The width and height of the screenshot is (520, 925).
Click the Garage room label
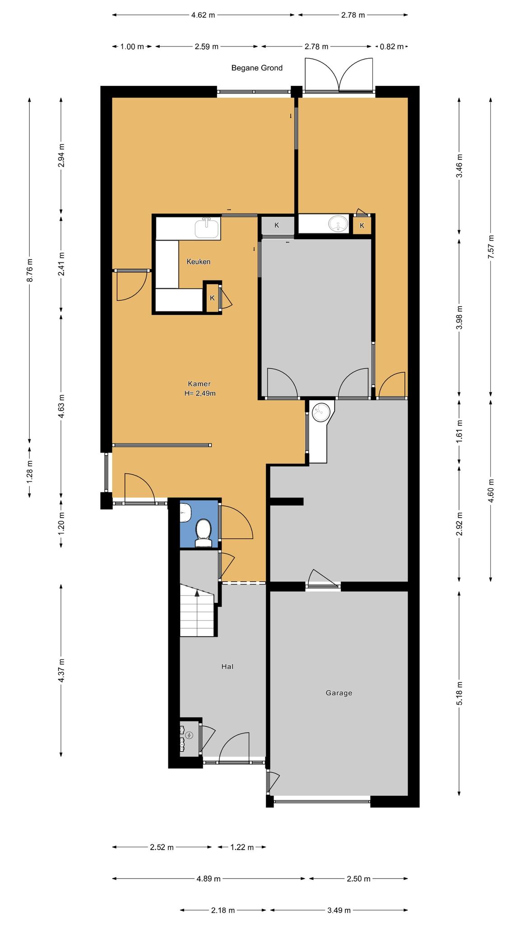tap(339, 693)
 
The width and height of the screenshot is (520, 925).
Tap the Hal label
tap(227, 666)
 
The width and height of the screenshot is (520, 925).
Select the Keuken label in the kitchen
tap(199, 262)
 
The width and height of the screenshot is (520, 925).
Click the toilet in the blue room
tap(204, 533)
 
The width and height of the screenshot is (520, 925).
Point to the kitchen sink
tap(208, 227)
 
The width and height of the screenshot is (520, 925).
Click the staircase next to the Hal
tap(197, 610)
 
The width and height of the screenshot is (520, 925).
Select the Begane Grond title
tap(257, 68)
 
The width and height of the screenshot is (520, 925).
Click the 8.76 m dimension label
tap(30, 270)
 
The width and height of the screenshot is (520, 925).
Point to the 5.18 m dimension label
tap(459, 693)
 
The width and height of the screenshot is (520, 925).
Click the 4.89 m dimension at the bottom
tap(209, 878)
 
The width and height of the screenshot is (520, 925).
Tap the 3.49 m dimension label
tap(339, 910)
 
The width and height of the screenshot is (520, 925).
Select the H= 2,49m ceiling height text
tap(200, 393)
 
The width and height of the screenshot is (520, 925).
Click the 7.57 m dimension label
tap(491, 247)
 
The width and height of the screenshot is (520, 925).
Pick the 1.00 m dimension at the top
tap(132, 46)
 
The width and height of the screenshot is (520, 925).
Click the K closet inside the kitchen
tap(212, 298)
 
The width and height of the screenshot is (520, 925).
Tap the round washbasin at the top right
tap(339, 223)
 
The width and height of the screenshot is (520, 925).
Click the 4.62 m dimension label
tap(203, 15)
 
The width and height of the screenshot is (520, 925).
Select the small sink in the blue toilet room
tap(185, 512)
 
